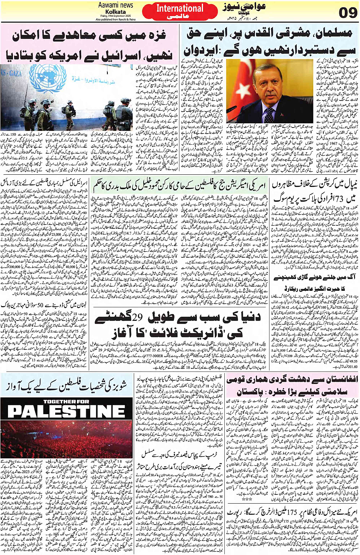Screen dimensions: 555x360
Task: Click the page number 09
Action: tap(347, 13)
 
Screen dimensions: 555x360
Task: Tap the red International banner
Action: tap(179, 8)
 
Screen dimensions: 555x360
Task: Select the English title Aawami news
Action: tap(115, 5)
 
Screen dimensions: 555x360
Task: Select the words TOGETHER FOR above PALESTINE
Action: tap(66, 401)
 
